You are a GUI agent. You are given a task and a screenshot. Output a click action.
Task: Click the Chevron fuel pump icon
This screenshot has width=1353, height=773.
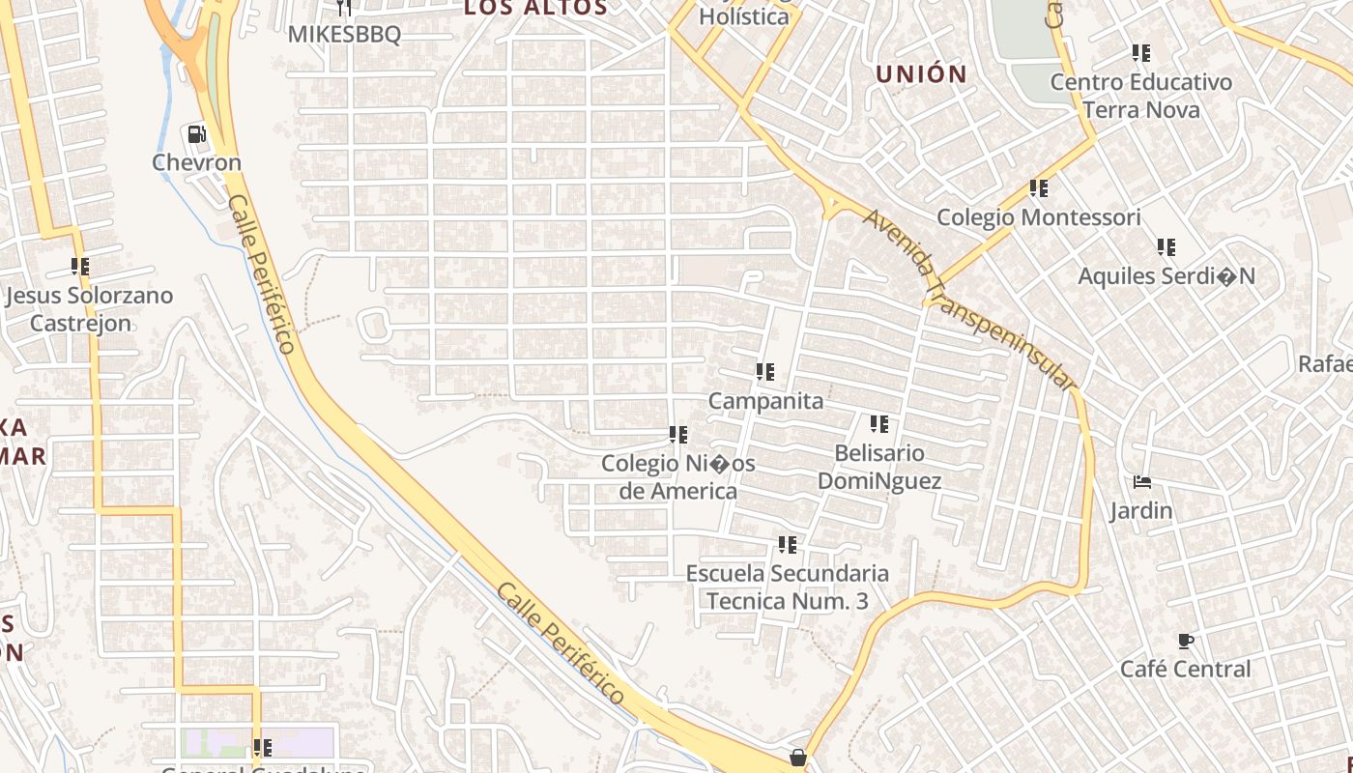point(197,134)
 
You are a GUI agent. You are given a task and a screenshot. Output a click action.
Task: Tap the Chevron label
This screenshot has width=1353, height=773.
point(197,162)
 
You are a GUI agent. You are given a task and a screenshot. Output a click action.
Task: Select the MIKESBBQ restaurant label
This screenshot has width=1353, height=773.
point(344,34)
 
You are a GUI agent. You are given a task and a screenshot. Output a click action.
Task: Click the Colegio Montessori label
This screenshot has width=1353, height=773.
point(1039,217)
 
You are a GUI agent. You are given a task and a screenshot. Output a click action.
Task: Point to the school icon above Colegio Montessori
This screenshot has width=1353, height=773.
point(1039,188)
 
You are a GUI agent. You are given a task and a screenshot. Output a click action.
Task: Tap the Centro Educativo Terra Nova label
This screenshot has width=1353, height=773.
point(1141,96)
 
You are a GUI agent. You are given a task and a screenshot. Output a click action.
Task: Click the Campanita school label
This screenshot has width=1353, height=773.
point(765,401)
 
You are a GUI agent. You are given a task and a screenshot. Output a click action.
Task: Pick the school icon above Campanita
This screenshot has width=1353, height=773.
point(765,372)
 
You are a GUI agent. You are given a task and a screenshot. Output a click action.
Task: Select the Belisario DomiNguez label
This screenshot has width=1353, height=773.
point(879,467)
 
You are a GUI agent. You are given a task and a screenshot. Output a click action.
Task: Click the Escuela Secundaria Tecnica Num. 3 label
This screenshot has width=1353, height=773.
point(788,587)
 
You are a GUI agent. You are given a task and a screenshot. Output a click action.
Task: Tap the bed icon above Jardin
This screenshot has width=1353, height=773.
point(1142,482)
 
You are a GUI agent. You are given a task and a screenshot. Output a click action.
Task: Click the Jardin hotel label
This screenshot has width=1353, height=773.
point(1141,510)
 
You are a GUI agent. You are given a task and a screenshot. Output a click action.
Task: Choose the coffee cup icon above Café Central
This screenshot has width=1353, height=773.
point(1186,641)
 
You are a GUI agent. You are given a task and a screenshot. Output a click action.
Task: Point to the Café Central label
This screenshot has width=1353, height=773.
point(1185,669)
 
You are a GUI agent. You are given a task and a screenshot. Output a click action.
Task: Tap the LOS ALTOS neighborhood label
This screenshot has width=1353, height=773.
point(535,9)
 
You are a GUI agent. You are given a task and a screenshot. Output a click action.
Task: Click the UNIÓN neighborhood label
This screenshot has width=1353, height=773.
point(921,73)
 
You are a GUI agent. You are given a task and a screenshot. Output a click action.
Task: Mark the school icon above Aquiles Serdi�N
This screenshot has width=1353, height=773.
point(1166,247)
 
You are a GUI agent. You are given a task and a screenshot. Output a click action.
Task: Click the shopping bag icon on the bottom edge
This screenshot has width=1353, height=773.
point(798,758)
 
